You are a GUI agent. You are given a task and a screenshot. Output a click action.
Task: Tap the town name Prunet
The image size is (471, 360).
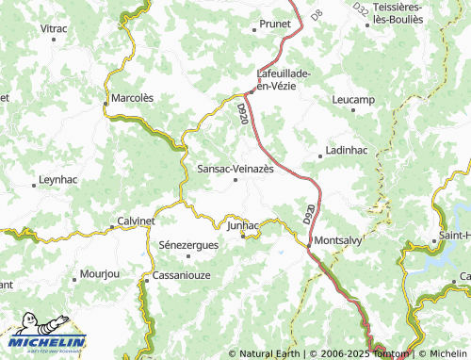pyautogui.click(x=275, y=23)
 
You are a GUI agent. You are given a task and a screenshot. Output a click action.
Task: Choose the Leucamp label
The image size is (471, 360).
pyautogui.click(x=354, y=99)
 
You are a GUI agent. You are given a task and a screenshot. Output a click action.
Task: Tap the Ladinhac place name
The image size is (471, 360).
pyautogui.click(x=347, y=150)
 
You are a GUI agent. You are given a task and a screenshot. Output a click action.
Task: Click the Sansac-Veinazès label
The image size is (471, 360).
pyautogui.click(x=235, y=168)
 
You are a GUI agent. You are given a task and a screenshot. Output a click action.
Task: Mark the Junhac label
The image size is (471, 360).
pyautogui.click(x=242, y=225)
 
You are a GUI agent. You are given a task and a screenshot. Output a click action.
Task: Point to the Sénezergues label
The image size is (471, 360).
pyautogui.click(x=189, y=244)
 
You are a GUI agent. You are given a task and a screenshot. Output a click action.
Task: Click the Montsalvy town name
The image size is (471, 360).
pyautogui.click(x=338, y=239)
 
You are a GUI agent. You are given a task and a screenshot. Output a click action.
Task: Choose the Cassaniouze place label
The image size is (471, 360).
pyautogui.click(x=182, y=276)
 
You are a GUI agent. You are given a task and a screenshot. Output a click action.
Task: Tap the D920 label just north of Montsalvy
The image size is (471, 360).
pyautogui.click(x=309, y=216)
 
